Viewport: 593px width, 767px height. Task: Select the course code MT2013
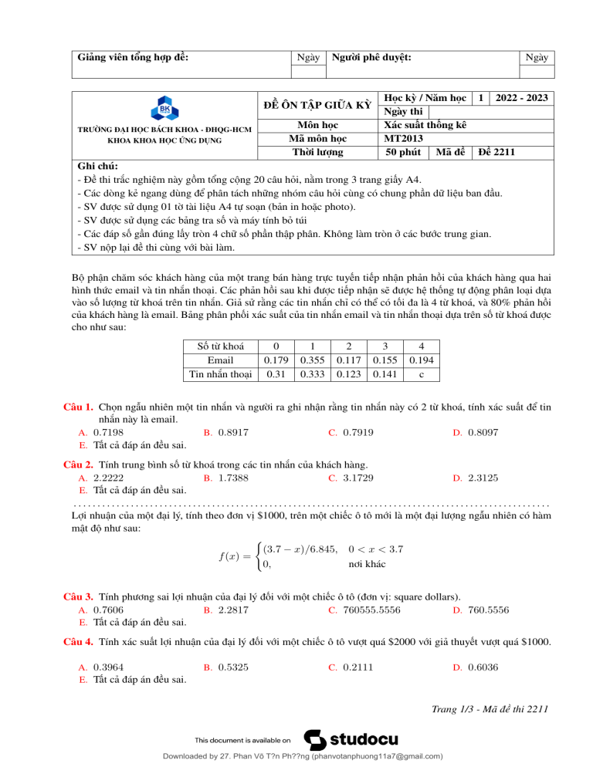[x=404, y=138]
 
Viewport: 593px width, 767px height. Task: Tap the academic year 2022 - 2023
[x=522, y=98]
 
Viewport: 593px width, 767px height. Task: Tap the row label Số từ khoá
[x=219, y=346]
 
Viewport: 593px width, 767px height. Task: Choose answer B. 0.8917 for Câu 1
[x=225, y=432]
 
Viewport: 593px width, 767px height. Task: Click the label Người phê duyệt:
[x=371, y=57]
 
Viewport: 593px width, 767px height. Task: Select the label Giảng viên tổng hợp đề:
[x=134, y=57]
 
